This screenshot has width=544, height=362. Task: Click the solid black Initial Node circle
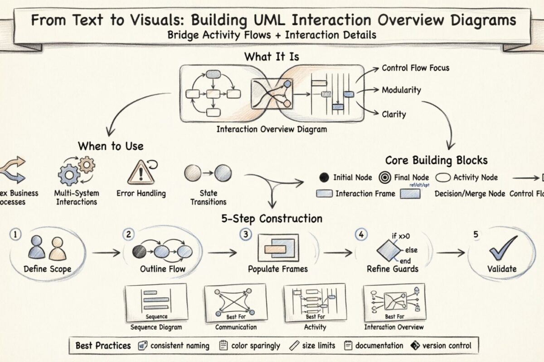point(324,178)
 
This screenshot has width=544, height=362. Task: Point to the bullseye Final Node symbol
point(386,178)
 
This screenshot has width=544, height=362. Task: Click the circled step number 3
point(246,234)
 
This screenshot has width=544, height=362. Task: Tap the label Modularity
point(401,90)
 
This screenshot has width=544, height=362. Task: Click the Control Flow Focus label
point(415,68)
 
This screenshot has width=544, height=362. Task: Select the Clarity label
point(394,114)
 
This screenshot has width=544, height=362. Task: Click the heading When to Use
point(111,146)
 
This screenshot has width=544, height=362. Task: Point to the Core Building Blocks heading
point(436,161)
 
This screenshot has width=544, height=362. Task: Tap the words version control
point(447,346)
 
